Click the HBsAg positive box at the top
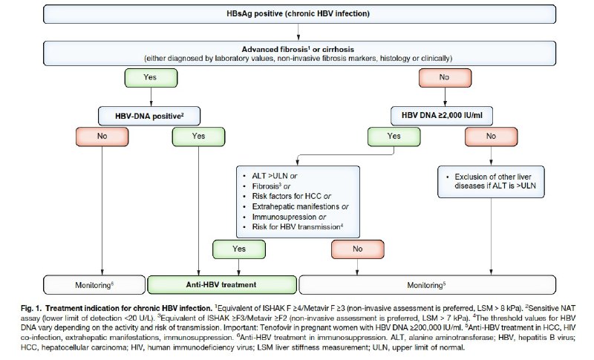tap(299, 14)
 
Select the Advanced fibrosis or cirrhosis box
tap(299, 53)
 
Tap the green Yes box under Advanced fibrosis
tap(151, 78)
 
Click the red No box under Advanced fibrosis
tap(445, 78)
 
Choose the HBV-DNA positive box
tap(149, 116)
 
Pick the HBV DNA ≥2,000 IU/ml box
tap(442, 116)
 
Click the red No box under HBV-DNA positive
tap(102, 137)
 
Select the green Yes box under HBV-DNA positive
tap(198, 137)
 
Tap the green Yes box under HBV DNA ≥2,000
tap(394, 137)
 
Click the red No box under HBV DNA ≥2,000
tap(491, 137)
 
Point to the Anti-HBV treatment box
tap(221, 285)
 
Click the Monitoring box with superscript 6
tap(94, 285)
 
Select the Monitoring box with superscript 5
tap(428, 285)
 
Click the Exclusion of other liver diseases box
tap(491, 181)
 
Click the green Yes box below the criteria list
tap(239, 249)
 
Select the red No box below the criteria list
tap(358, 249)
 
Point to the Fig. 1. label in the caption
tap(31, 309)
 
